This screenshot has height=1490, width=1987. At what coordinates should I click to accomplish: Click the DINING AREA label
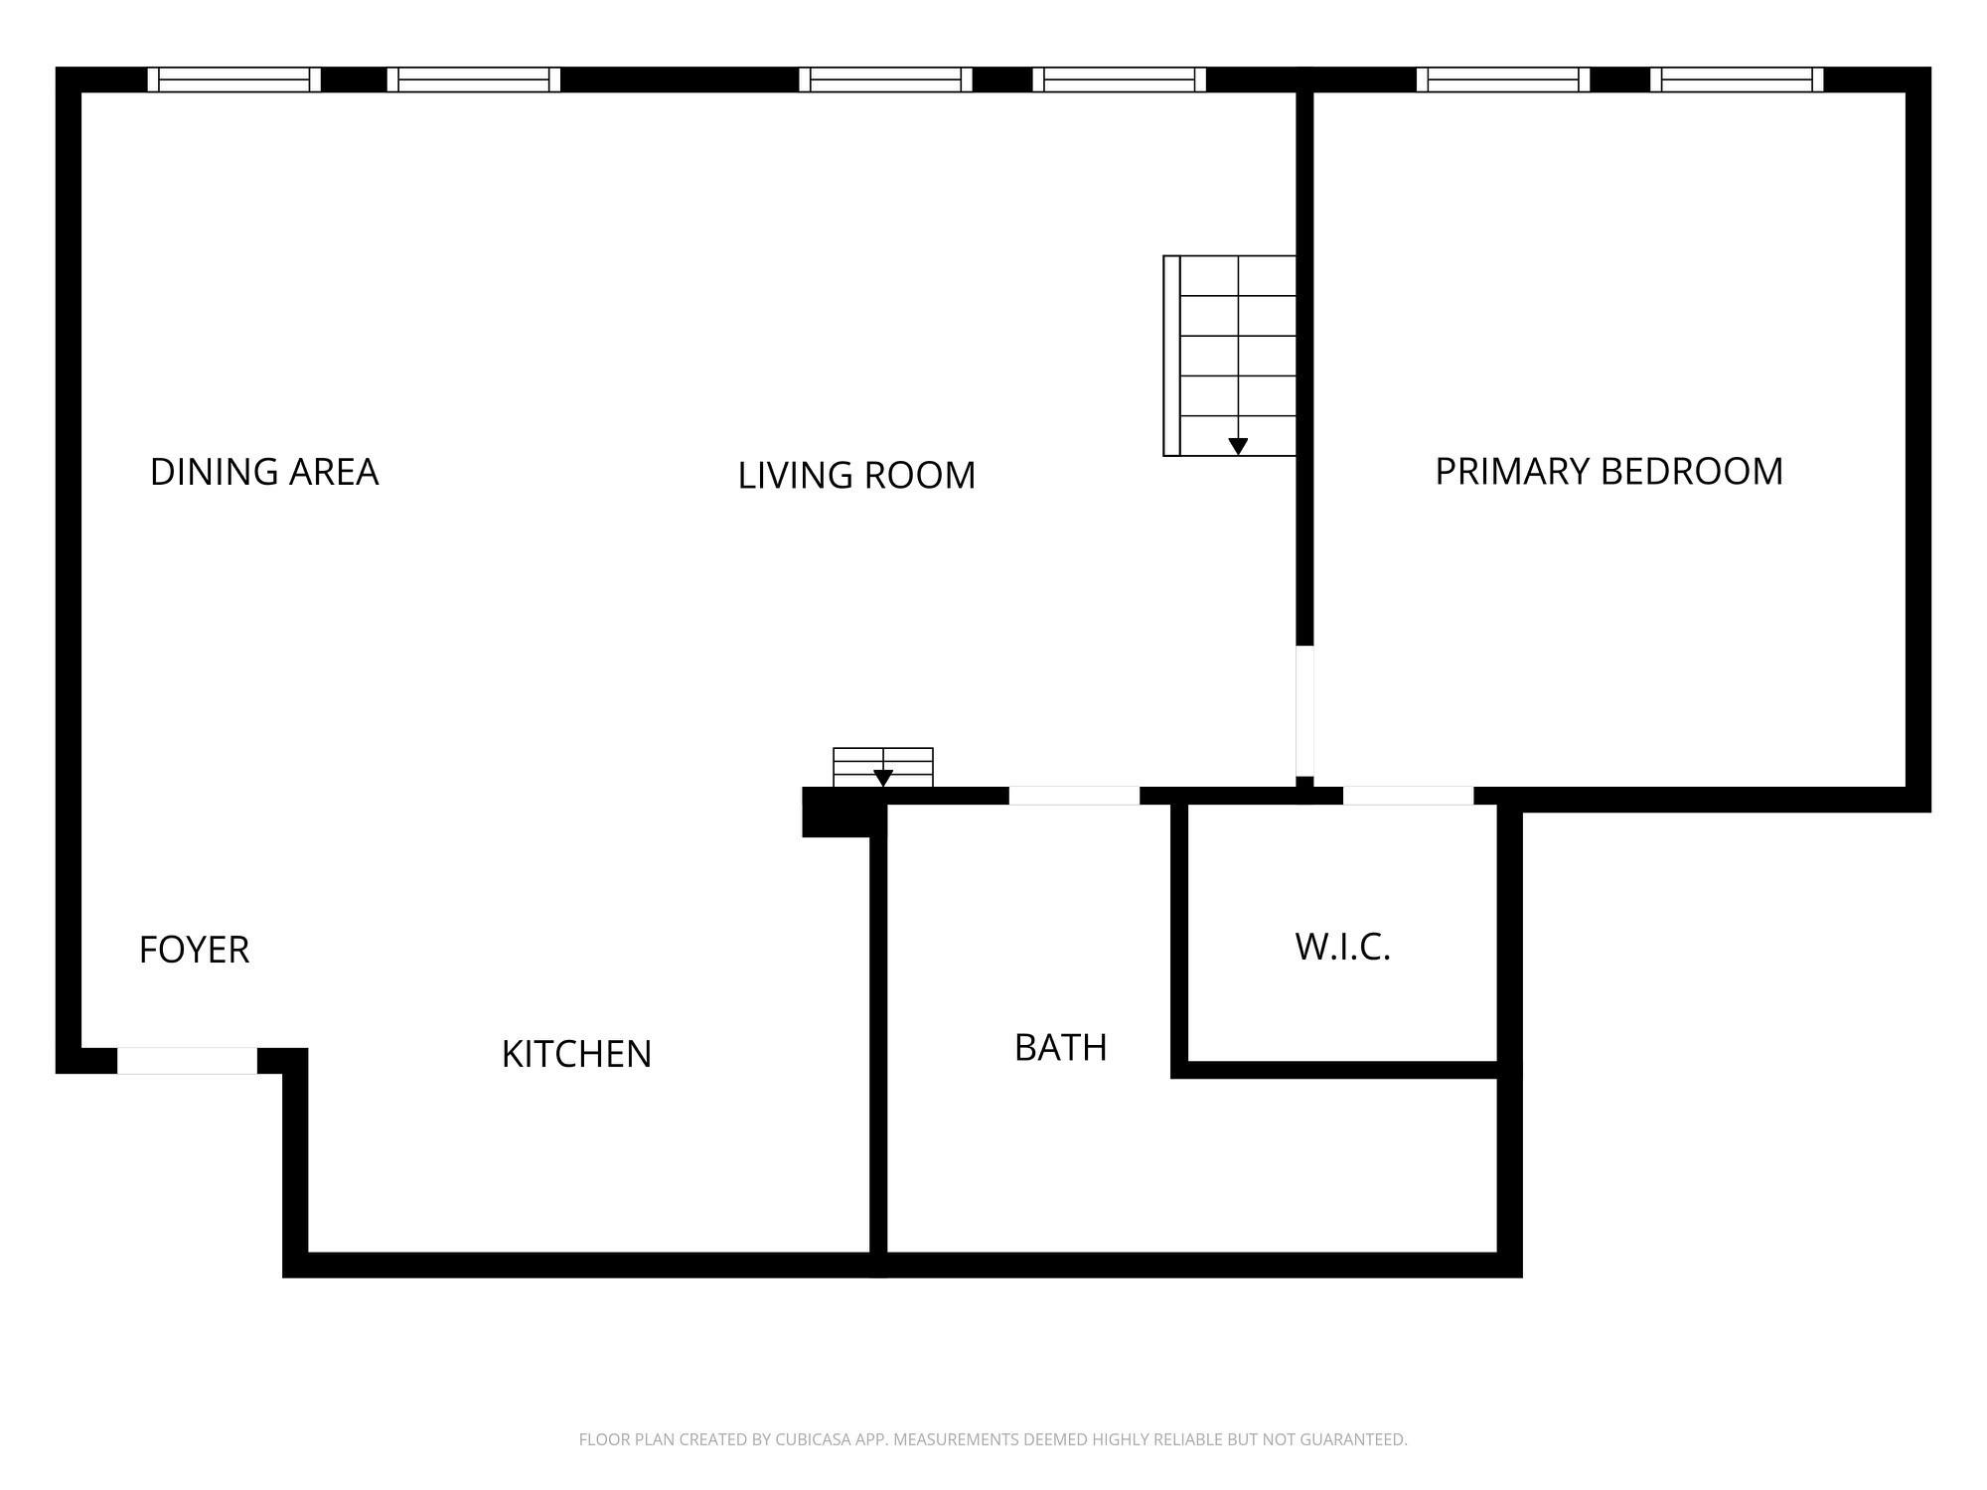click(264, 472)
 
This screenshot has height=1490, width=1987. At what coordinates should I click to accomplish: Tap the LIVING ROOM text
click(856, 476)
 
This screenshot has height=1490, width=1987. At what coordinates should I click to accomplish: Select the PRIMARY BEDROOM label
click(1609, 471)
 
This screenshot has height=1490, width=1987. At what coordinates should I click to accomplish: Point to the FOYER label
click(194, 950)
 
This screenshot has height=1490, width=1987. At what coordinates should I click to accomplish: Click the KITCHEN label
click(576, 1054)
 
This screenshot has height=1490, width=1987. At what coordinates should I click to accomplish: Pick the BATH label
click(1060, 1048)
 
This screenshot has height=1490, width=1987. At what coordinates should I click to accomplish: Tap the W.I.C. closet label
click(1342, 947)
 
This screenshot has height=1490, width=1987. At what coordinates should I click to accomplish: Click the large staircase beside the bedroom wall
click(1230, 356)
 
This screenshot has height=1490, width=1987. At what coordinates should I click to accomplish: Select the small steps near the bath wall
click(883, 767)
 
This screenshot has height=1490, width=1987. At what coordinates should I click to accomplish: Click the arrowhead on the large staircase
click(1238, 446)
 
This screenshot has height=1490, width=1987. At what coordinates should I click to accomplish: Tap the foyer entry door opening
click(188, 1061)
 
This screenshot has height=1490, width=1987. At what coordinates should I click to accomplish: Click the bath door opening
click(1074, 796)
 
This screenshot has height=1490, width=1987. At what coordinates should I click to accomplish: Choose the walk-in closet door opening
click(1408, 796)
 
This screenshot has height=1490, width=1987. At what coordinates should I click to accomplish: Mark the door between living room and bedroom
click(1305, 711)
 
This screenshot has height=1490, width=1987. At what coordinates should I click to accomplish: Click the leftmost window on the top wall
click(234, 79)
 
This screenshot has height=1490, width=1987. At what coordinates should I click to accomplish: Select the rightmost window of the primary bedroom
click(1737, 79)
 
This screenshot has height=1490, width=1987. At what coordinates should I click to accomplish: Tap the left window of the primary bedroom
click(1503, 79)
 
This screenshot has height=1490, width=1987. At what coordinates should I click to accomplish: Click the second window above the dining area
click(474, 79)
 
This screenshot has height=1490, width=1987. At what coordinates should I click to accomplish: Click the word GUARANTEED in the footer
click(1357, 1439)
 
